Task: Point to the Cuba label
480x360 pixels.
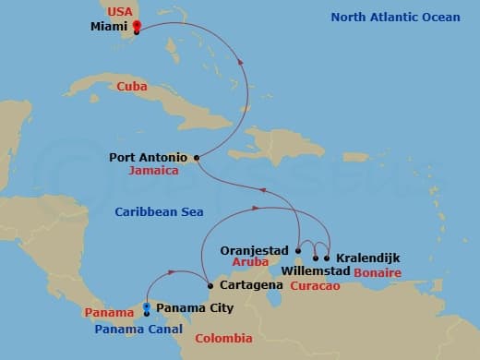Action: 132,86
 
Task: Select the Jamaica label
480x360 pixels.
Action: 154,171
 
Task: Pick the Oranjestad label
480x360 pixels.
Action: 256,249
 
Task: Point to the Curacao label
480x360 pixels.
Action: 315,286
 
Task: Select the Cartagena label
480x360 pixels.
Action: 246,286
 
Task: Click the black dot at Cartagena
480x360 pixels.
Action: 210,285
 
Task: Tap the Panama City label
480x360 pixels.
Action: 195,307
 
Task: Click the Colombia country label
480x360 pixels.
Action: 223,339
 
